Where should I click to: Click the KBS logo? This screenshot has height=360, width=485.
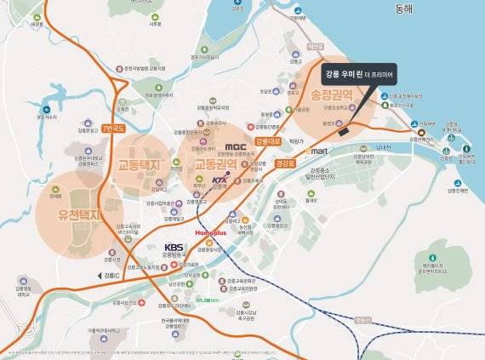(174, 249)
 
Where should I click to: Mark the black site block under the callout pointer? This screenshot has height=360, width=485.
(342, 132)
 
